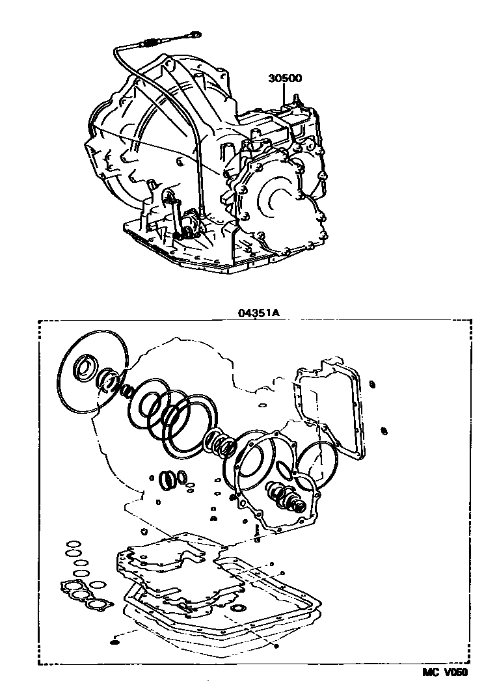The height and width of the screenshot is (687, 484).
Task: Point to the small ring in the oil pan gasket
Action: coord(239,608)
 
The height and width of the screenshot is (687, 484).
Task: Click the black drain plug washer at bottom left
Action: coord(115,642)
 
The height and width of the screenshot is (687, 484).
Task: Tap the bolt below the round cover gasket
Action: coord(258,537)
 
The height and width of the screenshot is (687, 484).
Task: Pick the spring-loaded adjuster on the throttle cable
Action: coord(148,44)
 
